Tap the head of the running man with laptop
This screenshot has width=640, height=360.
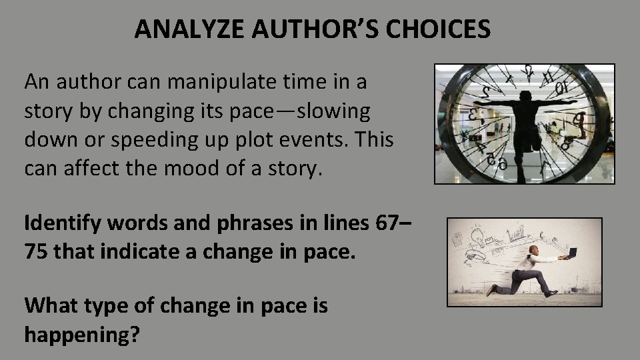(x=533, y=251)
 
